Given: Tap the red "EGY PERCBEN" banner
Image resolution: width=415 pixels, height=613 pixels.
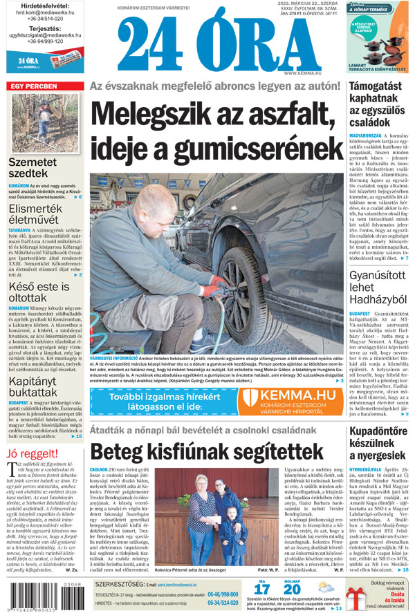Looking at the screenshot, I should [33, 86].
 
